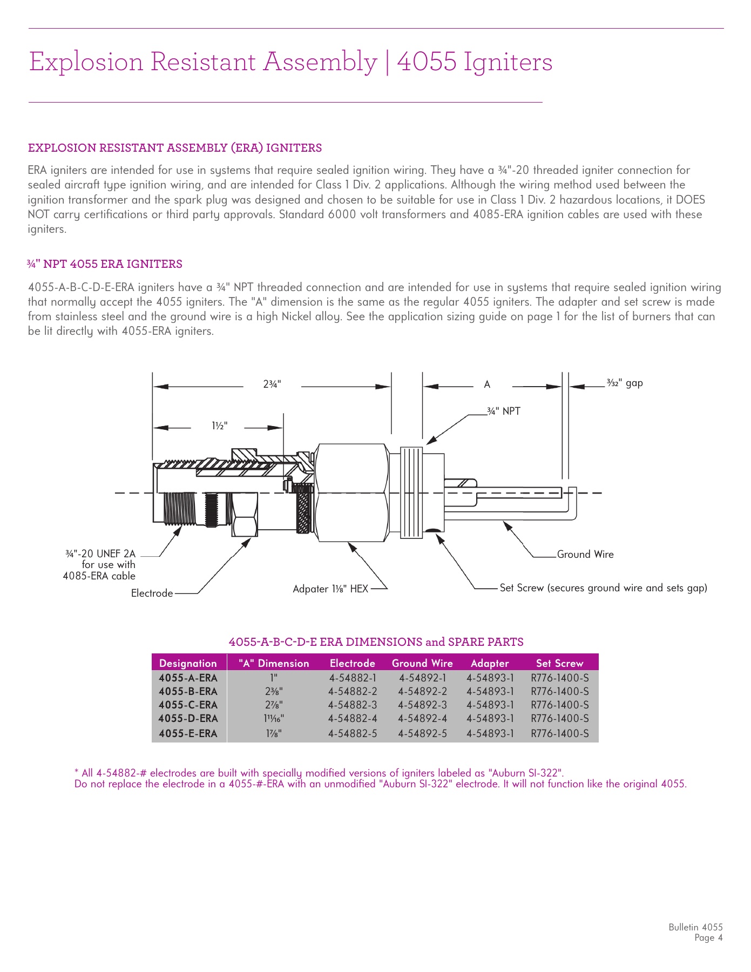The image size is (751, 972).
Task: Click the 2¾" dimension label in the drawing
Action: pyautogui.click(x=272, y=384)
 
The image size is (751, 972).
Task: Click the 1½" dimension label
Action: pyautogui.click(x=219, y=426)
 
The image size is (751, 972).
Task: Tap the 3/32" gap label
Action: pyautogui.click(x=625, y=383)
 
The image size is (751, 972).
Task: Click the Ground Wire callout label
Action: pyautogui.click(x=585, y=555)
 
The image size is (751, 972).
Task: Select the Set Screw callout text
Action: pyautogui.click(x=603, y=588)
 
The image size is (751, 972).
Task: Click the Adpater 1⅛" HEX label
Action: pyautogui.click(x=330, y=589)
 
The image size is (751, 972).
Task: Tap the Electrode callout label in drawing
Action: pyautogui.click(x=152, y=593)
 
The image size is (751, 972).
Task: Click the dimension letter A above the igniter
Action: pyautogui.click(x=487, y=385)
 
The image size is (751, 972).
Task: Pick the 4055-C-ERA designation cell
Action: pyautogui.click(x=188, y=705)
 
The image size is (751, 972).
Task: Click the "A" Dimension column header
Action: pyautogui.click(x=274, y=664)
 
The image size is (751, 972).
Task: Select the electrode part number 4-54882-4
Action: pyautogui.click(x=353, y=719)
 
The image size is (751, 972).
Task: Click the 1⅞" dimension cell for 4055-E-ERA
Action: pyautogui.click(x=273, y=734)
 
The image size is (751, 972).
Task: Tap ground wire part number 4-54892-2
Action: pyautogui.click(x=422, y=692)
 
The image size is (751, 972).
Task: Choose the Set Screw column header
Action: pyautogui.click(x=559, y=664)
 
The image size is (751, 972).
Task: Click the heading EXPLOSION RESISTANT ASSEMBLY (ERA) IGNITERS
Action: pyautogui.click(x=175, y=148)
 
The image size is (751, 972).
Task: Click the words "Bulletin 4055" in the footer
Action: pyautogui.click(x=695, y=927)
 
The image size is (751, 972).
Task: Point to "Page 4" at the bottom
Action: pyautogui.click(x=708, y=938)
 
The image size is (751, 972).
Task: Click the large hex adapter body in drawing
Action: pyautogui.click(x=352, y=492)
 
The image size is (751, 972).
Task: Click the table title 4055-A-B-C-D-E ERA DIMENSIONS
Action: pyautogui.click(x=376, y=642)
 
